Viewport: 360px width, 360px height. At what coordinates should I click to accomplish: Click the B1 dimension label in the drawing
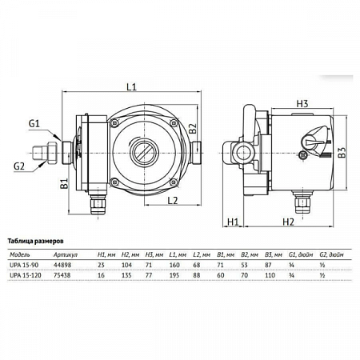coord(62,186)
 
